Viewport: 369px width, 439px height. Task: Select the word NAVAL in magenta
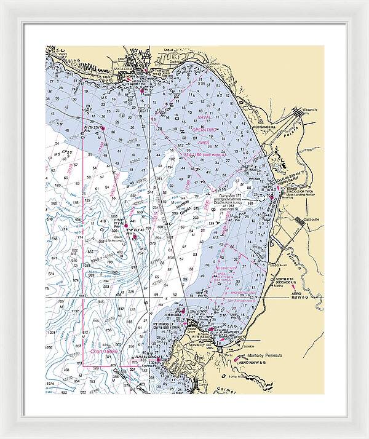point(204,117)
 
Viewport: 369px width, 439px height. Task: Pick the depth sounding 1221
point(52,333)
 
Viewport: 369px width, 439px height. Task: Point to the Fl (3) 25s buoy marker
point(93,128)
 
